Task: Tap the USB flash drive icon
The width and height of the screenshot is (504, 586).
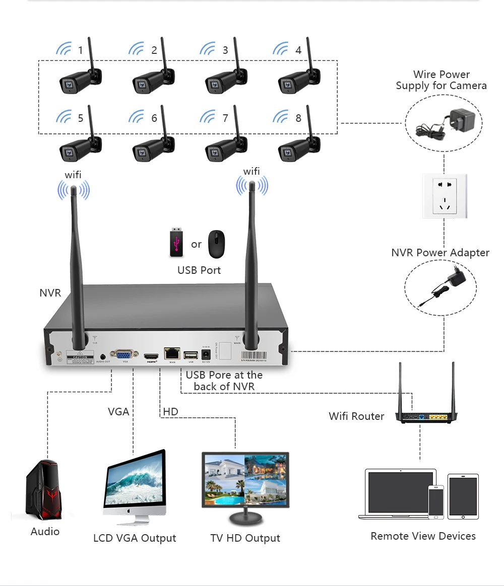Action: (175, 243)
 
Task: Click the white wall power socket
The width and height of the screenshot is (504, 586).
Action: (445, 196)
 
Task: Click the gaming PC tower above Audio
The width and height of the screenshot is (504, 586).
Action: (44, 491)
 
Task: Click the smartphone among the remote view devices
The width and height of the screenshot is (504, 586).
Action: (436, 501)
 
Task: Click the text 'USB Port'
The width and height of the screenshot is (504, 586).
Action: (199, 270)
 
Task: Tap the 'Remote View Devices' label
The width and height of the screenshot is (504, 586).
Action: (423, 536)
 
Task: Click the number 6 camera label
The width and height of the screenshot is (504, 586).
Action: (154, 118)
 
